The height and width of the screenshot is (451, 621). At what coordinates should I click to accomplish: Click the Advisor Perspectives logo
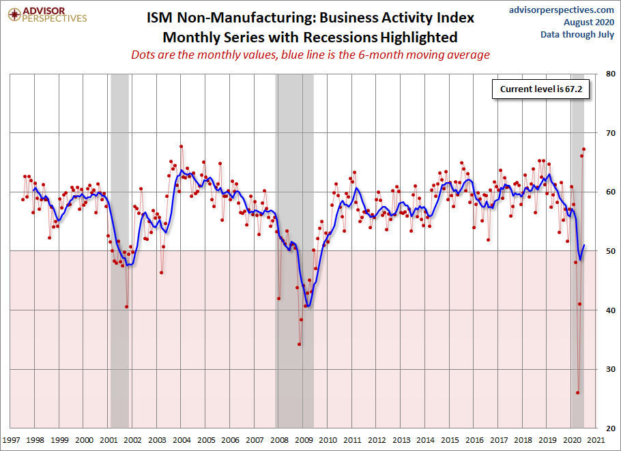(x=45, y=14)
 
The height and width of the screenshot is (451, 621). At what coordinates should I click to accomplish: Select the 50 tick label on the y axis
(x=605, y=251)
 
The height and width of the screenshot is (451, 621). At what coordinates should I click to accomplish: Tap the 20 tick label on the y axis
(x=605, y=428)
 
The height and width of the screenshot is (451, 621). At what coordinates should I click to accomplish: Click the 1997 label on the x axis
(x=11, y=440)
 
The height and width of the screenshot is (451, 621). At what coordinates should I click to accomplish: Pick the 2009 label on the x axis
(x=304, y=440)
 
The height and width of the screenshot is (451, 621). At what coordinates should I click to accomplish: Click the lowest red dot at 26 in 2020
(x=577, y=393)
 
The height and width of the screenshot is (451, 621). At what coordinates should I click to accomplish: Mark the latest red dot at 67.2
(x=583, y=149)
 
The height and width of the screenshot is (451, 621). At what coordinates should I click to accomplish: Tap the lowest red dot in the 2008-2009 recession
(x=299, y=344)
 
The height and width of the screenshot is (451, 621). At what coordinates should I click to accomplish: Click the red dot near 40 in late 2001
(x=126, y=306)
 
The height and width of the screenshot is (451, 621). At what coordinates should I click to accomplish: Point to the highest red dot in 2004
(x=181, y=146)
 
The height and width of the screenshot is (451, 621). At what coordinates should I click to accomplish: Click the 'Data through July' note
(x=577, y=34)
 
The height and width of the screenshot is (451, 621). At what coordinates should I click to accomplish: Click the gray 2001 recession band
(x=119, y=205)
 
